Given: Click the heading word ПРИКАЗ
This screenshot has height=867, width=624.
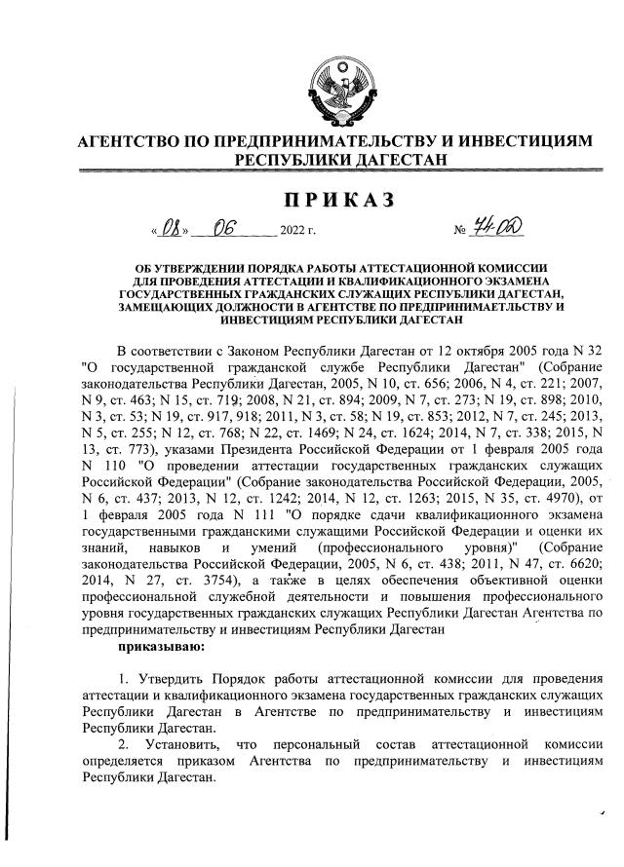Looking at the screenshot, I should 338,201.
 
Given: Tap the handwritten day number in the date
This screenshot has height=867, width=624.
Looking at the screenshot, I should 173,230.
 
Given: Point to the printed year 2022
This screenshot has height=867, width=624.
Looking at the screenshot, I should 292,234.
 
